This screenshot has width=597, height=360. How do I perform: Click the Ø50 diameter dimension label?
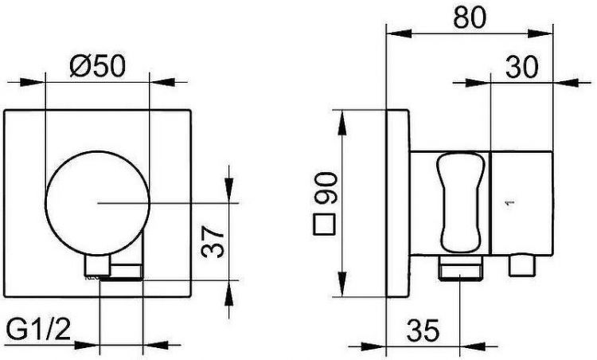coord(97,65)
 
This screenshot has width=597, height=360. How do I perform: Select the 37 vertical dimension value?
coord(213,242)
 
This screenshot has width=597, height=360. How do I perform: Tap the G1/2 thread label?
coord(38,329)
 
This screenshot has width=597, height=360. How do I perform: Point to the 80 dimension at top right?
coord(470,17)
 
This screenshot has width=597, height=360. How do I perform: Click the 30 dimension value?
coord(522,67)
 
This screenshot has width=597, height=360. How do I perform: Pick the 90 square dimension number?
coord(325,187)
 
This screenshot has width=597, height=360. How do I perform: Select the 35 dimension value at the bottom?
coord(423,330)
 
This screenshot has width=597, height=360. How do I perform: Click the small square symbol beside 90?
coord(324,224)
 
